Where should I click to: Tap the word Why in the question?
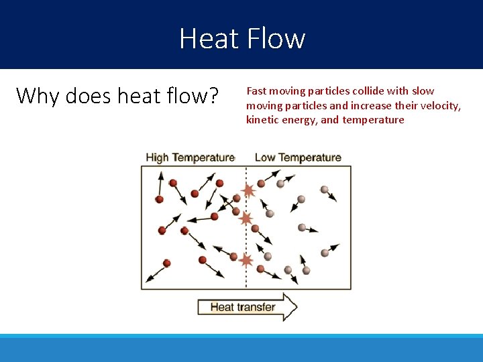click(36, 97)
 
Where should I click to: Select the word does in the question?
click(87, 96)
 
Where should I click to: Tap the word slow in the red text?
click(423, 91)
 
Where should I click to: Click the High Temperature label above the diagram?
click(190, 158)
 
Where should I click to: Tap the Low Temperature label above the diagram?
click(298, 158)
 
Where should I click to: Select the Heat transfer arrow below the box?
click(247, 307)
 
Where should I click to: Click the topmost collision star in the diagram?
click(248, 191)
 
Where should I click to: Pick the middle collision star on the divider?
click(246, 219)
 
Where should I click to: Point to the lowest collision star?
click(246, 260)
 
